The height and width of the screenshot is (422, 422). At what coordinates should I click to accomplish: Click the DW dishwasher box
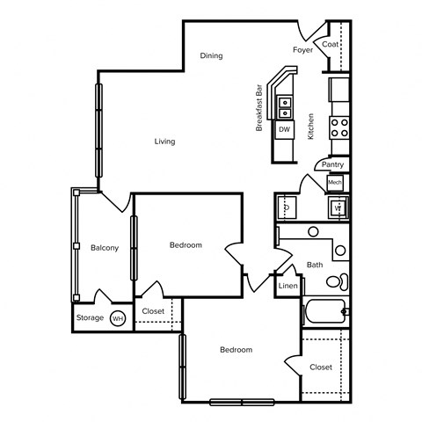[x=284, y=129]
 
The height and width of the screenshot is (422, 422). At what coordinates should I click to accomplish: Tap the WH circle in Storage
[x=118, y=318]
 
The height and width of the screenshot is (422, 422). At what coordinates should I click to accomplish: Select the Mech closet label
[x=335, y=182]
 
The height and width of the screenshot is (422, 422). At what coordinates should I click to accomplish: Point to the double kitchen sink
[x=285, y=107]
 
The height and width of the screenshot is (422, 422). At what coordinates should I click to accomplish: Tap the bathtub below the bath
[x=324, y=312]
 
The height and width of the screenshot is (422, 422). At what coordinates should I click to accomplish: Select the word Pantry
[x=332, y=164]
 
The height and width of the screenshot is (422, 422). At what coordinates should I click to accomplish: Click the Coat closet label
[x=331, y=44]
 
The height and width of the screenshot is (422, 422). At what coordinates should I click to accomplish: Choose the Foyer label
[x=302, y=50]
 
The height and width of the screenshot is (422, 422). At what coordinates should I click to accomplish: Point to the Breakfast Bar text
[x=259, y=109]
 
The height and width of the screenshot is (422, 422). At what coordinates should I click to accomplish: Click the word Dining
[x=211, y=55]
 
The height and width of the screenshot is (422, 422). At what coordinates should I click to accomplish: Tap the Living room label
[x=164, y=142]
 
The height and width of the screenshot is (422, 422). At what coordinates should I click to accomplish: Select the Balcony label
[x=105, y=248]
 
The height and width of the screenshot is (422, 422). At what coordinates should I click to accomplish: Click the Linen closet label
[x=287, y=287]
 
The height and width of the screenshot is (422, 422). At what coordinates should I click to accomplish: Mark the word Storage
[x=90, y=317]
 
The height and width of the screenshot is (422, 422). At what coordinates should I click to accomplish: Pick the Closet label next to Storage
[x=153, y=311]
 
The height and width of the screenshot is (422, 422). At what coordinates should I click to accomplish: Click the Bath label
[x=315, y=265]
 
